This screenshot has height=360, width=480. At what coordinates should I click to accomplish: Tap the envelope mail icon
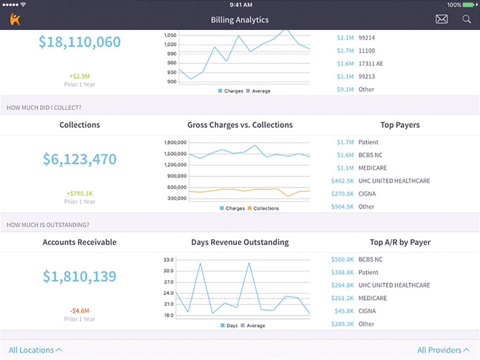(442, 19)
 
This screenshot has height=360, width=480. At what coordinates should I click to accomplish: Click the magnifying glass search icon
(467, 19)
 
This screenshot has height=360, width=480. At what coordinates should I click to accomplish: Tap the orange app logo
(15, 19)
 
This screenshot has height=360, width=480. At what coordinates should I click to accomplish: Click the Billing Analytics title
(240, 20)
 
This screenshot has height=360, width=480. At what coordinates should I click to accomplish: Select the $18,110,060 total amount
(79, 42)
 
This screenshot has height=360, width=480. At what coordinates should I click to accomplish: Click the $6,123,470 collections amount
(79, 159)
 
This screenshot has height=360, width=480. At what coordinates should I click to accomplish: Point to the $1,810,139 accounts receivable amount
(79, 276)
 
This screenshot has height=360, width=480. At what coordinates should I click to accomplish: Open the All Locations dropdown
(35, 350)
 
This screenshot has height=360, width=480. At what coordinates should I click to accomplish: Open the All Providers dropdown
(444, 350)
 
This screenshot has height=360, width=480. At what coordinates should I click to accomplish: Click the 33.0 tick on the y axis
(168, 260)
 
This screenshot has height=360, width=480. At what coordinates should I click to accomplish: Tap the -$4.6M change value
(79, 311)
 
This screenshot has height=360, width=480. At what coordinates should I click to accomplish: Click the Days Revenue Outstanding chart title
(240, 242)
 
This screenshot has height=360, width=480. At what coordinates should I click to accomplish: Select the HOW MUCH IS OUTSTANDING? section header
(47, 224)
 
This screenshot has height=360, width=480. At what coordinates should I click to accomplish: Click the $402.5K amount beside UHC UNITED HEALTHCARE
(342, 181)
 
